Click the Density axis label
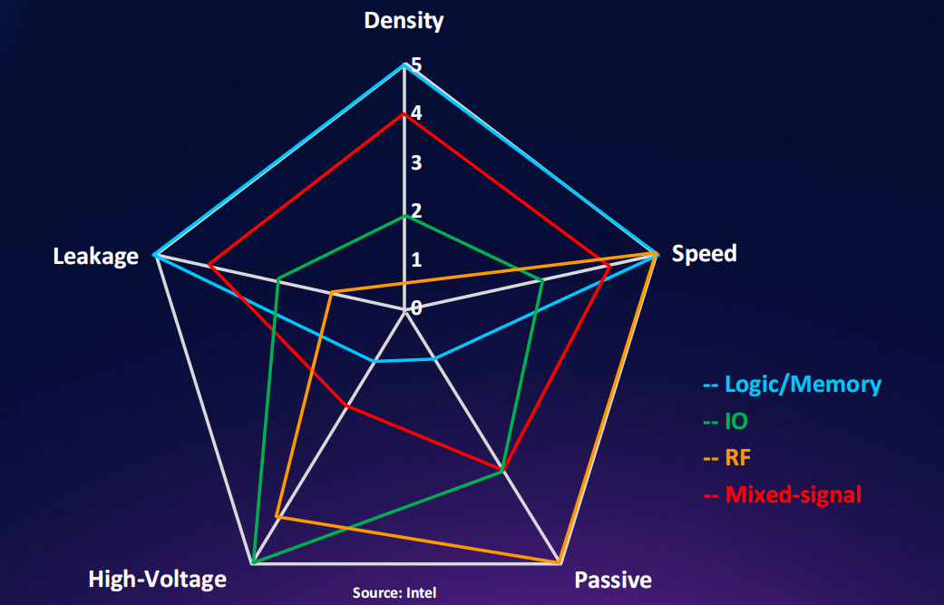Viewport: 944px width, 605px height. point(404,20)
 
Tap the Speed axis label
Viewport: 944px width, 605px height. point(704,253)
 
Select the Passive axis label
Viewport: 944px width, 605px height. point(613,580)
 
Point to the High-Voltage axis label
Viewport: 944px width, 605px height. point(157,579)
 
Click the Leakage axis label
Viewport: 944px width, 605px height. point(95,256)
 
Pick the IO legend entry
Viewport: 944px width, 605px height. point(735,421)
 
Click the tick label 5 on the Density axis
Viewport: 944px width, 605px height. point(415,65)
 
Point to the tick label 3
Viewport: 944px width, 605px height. point(415,163)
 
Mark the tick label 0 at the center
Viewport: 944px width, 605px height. point(415,307)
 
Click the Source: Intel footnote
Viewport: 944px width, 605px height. point(394,593)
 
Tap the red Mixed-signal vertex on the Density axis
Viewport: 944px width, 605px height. point(404,114)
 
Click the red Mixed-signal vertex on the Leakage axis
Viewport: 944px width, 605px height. point(209,265)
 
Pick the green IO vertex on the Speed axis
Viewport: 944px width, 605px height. point(542,279)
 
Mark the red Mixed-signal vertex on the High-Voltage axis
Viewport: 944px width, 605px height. point(346,405)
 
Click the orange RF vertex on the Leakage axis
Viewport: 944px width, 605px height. point(331,292)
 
